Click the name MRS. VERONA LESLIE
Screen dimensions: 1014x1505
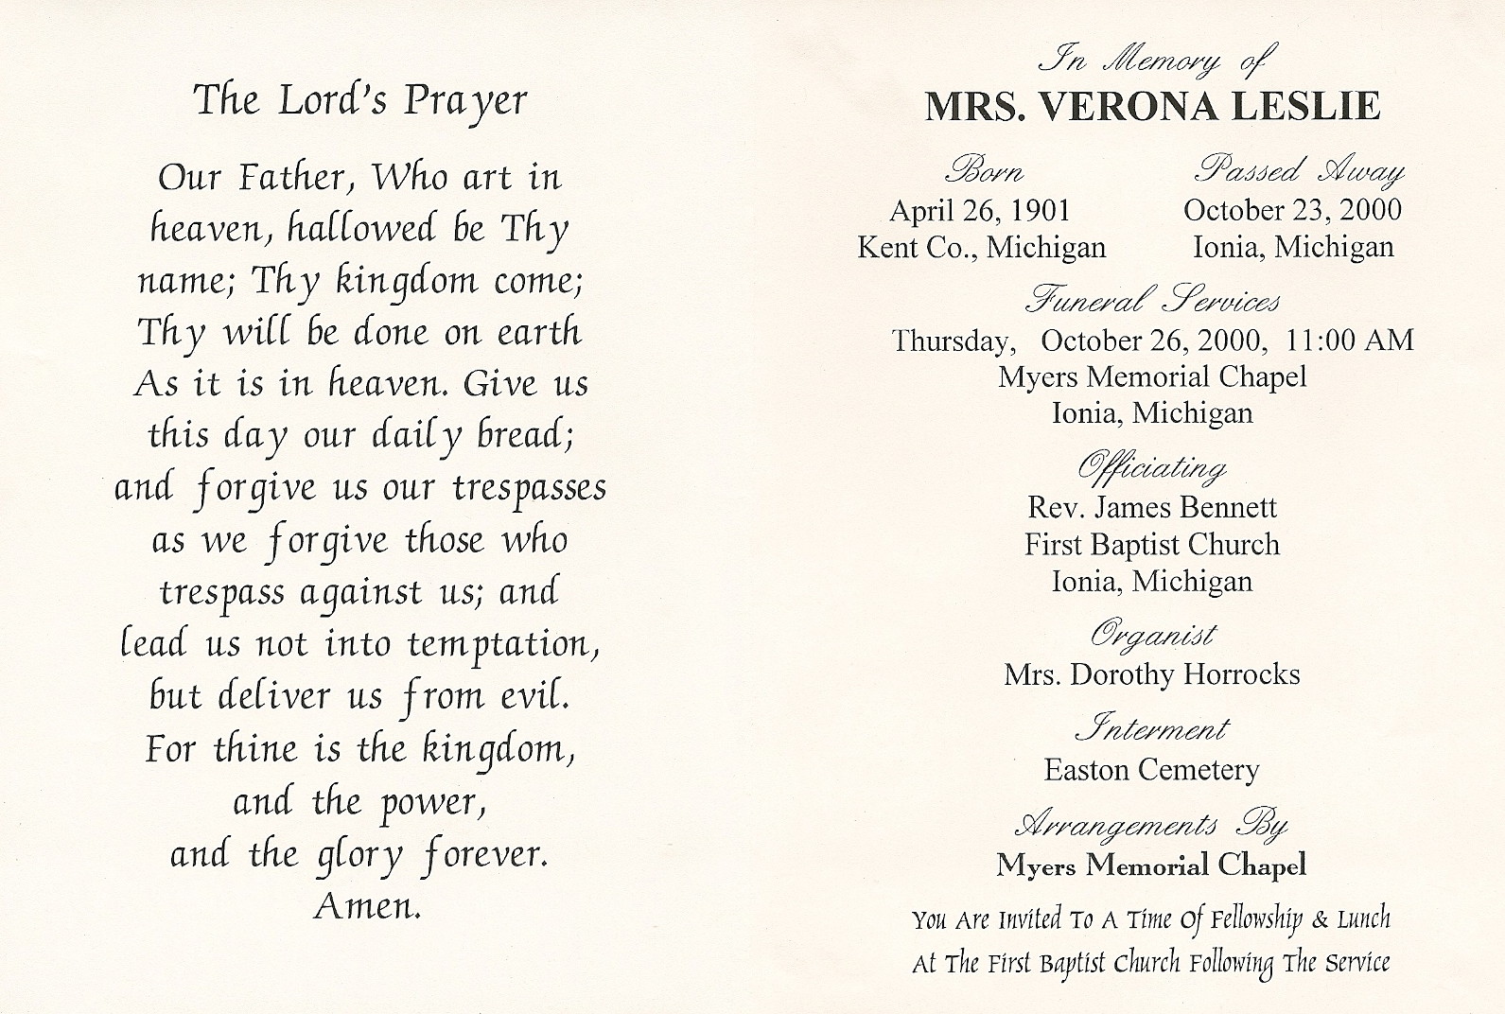pos(1152,107)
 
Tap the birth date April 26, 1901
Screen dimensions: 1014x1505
pos(980,210)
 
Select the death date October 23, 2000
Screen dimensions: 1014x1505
pos(1292,210)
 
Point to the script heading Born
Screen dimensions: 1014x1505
pos(983,172)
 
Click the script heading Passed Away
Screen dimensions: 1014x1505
pos(1299,171)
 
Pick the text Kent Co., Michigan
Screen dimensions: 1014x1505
pos(981,248)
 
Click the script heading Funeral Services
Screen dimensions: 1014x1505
pos(1152,301)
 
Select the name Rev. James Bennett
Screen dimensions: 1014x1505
pos(1152,508)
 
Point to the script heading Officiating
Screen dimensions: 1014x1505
pos(1152,468)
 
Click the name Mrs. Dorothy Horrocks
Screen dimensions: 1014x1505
pos(1152,674)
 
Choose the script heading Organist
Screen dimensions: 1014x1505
pos(1152,634)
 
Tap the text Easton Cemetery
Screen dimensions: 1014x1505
pos(1151,770)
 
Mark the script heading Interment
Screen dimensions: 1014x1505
pos(1151,729)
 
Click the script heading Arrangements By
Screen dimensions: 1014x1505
pos(1151,825)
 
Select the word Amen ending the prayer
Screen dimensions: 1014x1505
pos(366,907)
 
